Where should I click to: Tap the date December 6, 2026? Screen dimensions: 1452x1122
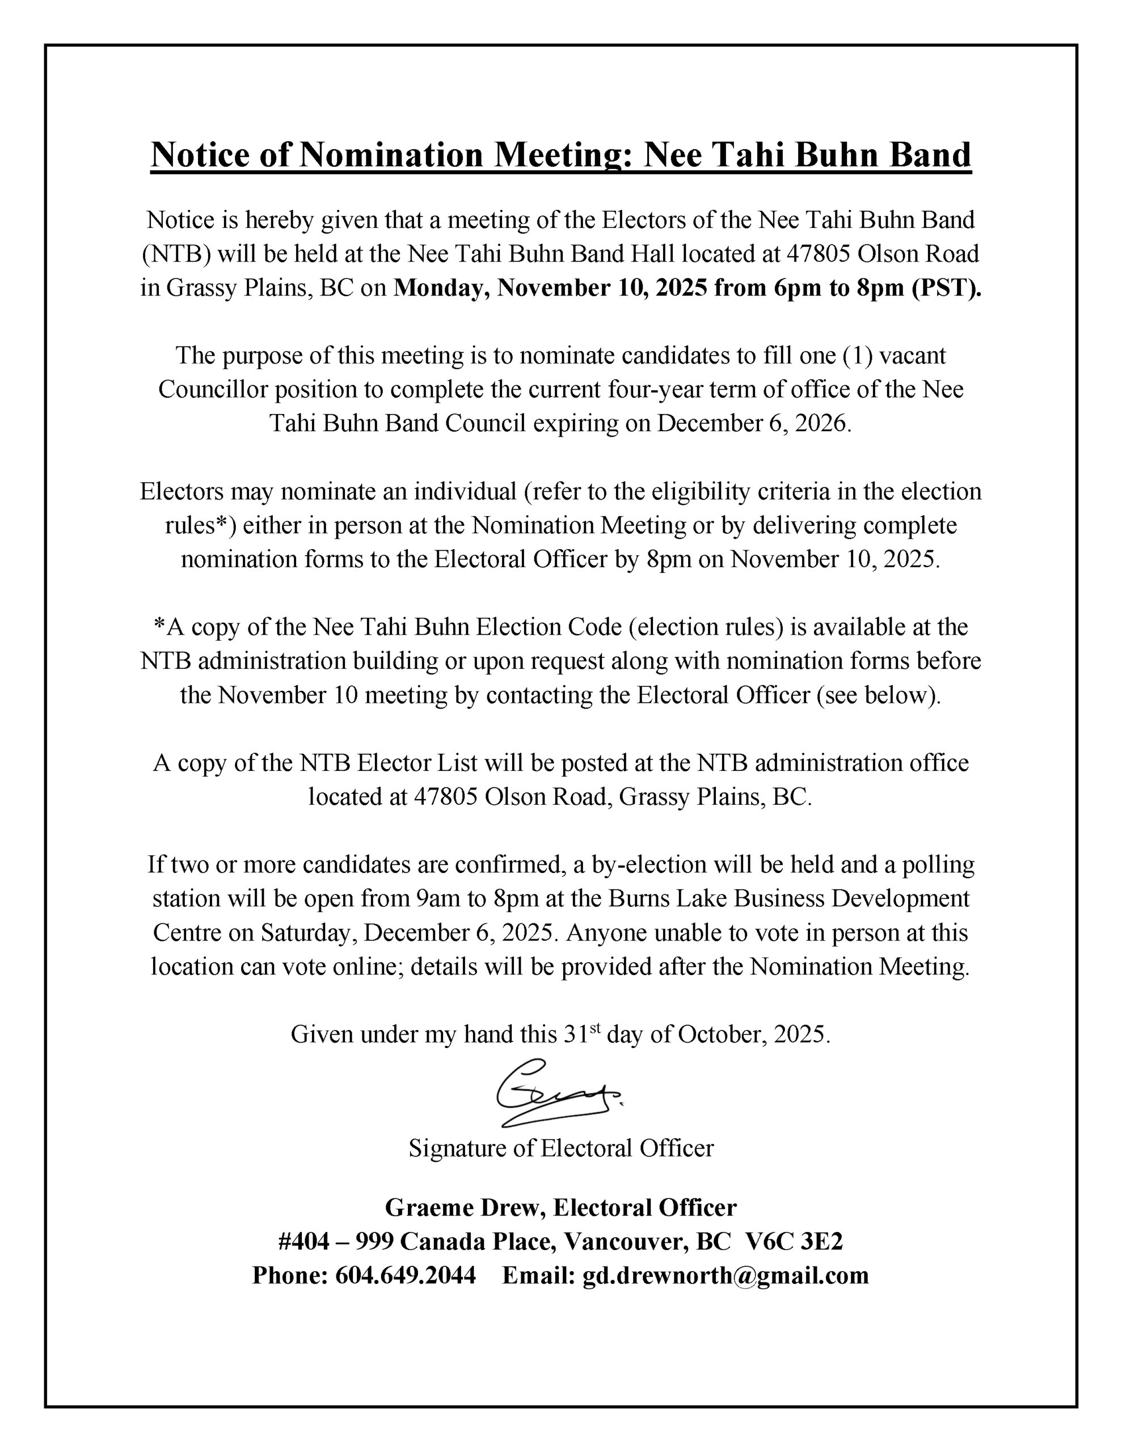pos(753,424)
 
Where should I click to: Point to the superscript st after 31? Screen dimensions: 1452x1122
pos(594,1028)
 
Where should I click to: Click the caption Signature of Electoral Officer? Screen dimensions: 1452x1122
pos(560,1148)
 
